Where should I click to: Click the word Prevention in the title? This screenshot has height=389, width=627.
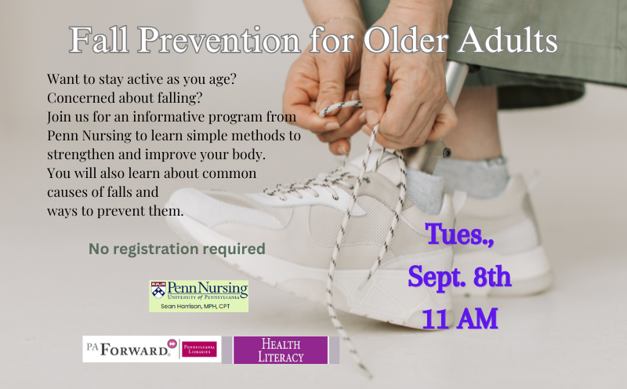click(219, 40)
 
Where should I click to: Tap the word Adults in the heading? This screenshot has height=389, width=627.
click(507, 40)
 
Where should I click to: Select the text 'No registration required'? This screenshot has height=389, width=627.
click(177, 249)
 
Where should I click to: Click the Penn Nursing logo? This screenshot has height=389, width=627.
click(199, 296)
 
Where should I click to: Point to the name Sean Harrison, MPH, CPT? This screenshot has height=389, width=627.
click(195, 306)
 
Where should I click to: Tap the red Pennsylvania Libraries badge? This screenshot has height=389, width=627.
click(199, 349)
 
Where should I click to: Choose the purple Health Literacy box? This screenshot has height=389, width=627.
click(281, 351)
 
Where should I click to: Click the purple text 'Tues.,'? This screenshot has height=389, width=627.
click(459, 234)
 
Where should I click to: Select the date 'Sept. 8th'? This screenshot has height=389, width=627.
click(459, 277)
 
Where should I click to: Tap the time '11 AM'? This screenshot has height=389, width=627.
click(460, 318)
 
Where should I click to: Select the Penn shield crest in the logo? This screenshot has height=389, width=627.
click(158, 290)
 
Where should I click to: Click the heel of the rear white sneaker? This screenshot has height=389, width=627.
click(536, 240)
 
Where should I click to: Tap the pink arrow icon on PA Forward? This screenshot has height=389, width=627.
click(172, 344)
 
